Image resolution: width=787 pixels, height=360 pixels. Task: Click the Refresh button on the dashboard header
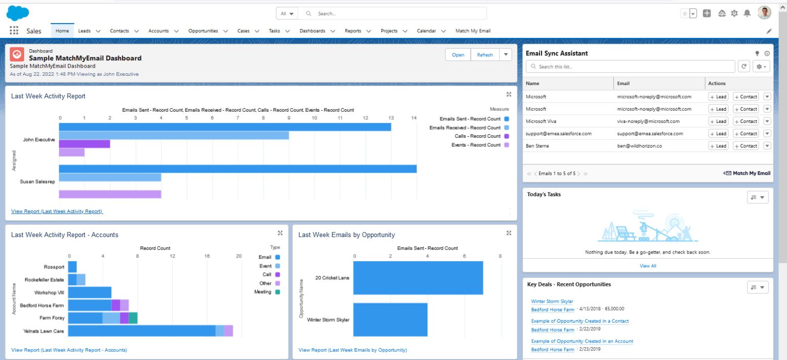click(484, 55)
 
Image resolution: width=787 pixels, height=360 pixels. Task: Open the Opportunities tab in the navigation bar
click(203, 31)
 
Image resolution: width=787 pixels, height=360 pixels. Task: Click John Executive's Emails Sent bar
click(225, 127)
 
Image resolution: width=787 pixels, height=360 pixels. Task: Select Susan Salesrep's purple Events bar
click(110, 194)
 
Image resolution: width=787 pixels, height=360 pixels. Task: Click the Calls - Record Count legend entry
click(477, 136)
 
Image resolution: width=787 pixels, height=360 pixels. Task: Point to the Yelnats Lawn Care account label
click(44, 331)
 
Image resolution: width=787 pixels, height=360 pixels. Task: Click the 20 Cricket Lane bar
click(418, 278)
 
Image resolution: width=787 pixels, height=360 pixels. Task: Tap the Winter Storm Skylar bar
click(390, 320)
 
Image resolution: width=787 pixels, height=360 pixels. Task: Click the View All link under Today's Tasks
click(648, 266)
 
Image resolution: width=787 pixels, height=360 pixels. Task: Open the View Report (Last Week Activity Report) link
click(57, 211)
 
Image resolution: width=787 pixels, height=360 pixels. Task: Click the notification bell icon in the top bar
click(747, 13)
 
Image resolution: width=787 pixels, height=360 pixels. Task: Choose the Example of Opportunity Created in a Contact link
click(579, 321)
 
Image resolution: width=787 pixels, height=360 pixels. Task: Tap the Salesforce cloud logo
click(18, 13)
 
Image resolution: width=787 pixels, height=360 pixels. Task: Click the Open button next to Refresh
click(458, 55)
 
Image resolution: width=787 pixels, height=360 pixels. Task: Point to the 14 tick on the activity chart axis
click(413, 118)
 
